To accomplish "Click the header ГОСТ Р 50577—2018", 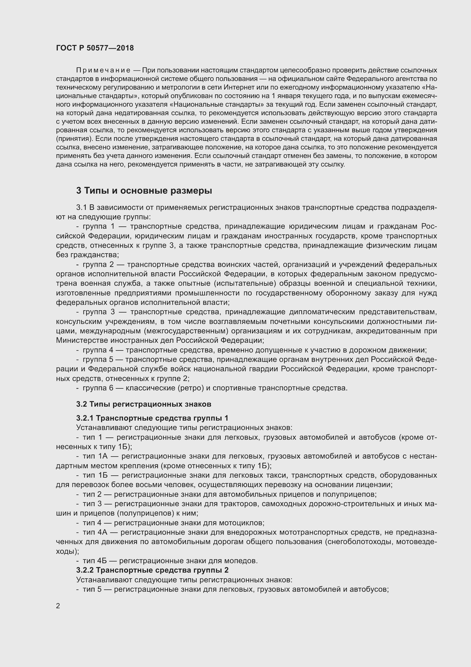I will [x=95, y=48].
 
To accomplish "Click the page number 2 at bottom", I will [x=58, y=606].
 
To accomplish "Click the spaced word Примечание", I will [x=103, y=70].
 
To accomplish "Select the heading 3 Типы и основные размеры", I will [x=144, y=190].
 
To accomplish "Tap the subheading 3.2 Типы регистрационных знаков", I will [x=144, y=404].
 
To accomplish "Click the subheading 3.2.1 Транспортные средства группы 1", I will [x=152, y=418].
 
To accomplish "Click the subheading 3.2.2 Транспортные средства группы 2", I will [x=152, y=570].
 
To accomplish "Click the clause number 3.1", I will [x=81, y=207].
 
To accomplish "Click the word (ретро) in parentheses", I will [x=191, y=388].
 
